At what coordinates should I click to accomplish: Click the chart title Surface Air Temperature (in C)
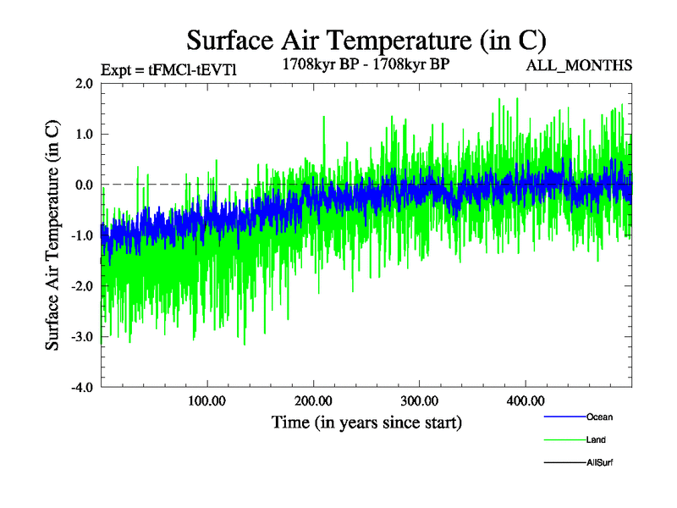pos(366,40)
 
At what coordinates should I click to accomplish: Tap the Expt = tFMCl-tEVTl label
pos(168,69)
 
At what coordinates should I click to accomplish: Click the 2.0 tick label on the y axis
pos(84,83)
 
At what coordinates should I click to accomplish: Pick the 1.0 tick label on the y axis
pos(84,134)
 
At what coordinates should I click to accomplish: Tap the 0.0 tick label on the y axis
pos(84,185)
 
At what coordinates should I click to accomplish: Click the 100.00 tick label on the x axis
pos(206,400)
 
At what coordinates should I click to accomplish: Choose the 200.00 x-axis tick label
pos(313,400)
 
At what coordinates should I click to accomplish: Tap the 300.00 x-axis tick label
pos(419,400)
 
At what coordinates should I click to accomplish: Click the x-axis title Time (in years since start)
pos(366,422)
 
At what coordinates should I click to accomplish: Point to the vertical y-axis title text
pos(52,235)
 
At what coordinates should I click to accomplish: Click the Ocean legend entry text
pos(599,417)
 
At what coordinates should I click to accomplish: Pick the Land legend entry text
pos(596,439)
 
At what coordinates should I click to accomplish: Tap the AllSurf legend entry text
pos(599,462)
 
